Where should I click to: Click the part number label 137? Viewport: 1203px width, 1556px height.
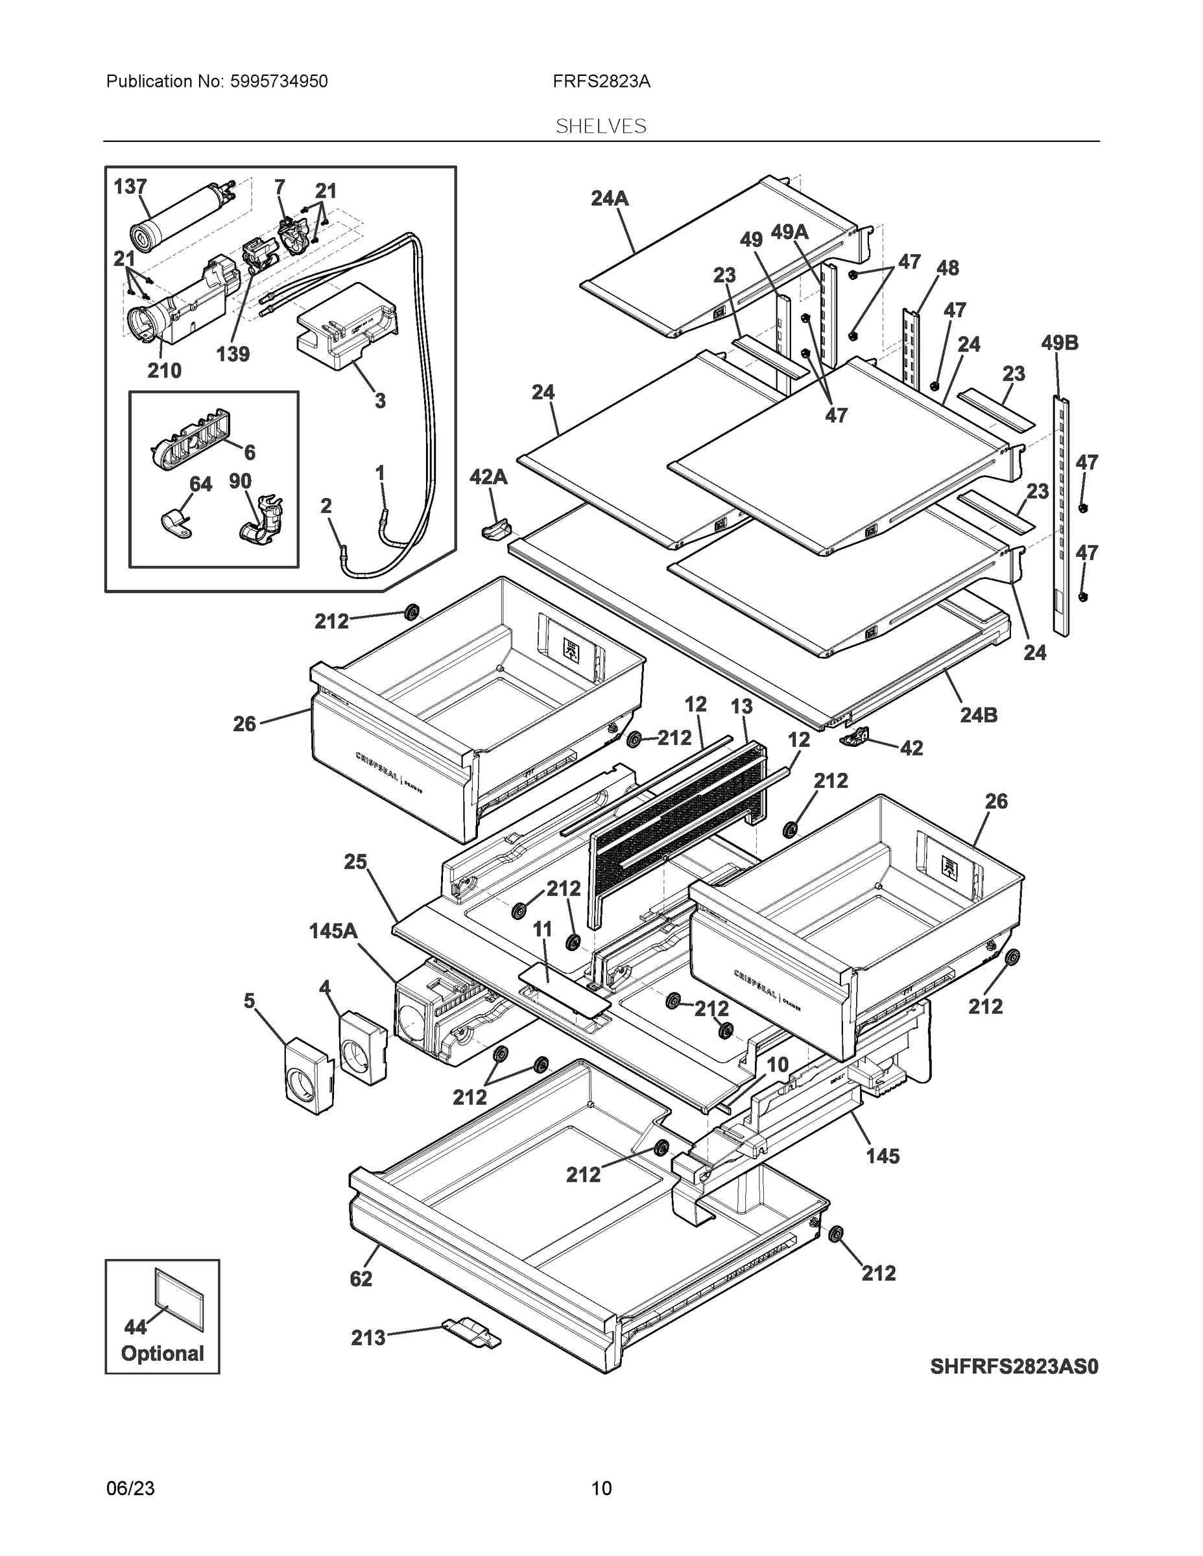tap(130, 187)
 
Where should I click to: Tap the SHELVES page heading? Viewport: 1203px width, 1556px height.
tap(601, 126)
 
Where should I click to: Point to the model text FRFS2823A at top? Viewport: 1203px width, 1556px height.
tap(601, 81)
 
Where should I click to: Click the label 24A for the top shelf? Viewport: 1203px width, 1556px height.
tap(610, 199)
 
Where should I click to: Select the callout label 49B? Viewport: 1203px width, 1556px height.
tap(1059, 343)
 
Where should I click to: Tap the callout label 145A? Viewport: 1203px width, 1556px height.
tap(333, 930)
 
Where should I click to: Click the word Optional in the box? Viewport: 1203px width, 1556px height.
tap(163, 1353)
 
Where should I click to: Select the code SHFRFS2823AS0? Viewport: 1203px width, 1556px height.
tap(1014, 1367)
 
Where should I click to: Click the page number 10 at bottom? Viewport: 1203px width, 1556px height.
tap(601, 1489)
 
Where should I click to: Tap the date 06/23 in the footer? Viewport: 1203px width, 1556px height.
tap(130, 1489)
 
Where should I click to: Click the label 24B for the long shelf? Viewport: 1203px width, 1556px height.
tap(978, 714)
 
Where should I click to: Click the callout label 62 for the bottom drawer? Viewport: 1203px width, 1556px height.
tap(361, 1279)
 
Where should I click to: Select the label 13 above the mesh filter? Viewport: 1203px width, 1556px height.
tap(741, 706)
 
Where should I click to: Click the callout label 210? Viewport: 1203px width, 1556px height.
tap(164, 370)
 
